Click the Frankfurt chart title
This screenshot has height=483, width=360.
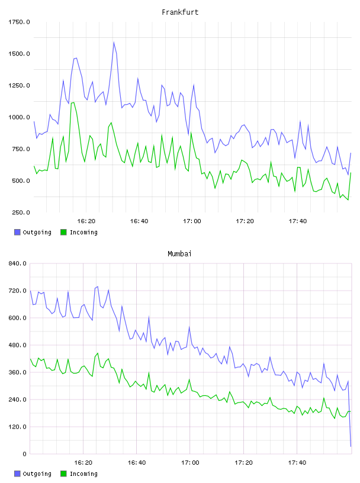coord(180,12)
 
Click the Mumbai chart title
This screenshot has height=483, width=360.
coord(179,254)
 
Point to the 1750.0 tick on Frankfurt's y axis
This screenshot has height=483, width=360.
coord(19,22)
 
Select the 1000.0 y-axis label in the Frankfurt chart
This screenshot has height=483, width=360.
coord(19,117)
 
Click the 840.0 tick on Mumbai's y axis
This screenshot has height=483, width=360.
coord(18,263)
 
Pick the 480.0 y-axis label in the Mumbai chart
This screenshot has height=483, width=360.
coord(18,345)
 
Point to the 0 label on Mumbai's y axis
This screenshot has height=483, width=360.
coord(25,454)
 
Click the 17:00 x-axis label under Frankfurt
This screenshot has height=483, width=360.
coord(192,221)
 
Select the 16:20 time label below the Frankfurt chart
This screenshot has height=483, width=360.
coord(86,221)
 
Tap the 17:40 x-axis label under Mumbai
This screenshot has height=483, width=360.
coord(297,463)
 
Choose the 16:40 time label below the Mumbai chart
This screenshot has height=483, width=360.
coord(137,463)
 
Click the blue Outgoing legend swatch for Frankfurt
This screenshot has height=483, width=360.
coord(17,232)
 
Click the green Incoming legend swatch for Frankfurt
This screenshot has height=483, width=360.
coord(63,232)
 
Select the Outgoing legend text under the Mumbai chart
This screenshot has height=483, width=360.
coord(37,474)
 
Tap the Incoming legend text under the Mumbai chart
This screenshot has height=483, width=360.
coord(83,474)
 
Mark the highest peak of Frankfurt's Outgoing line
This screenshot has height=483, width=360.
coord(114,42)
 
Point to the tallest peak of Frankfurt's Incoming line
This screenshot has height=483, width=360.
coord(73,102)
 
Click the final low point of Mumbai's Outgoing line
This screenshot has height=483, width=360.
coord(351,446)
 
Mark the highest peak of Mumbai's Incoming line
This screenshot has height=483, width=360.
coord(98,353)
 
